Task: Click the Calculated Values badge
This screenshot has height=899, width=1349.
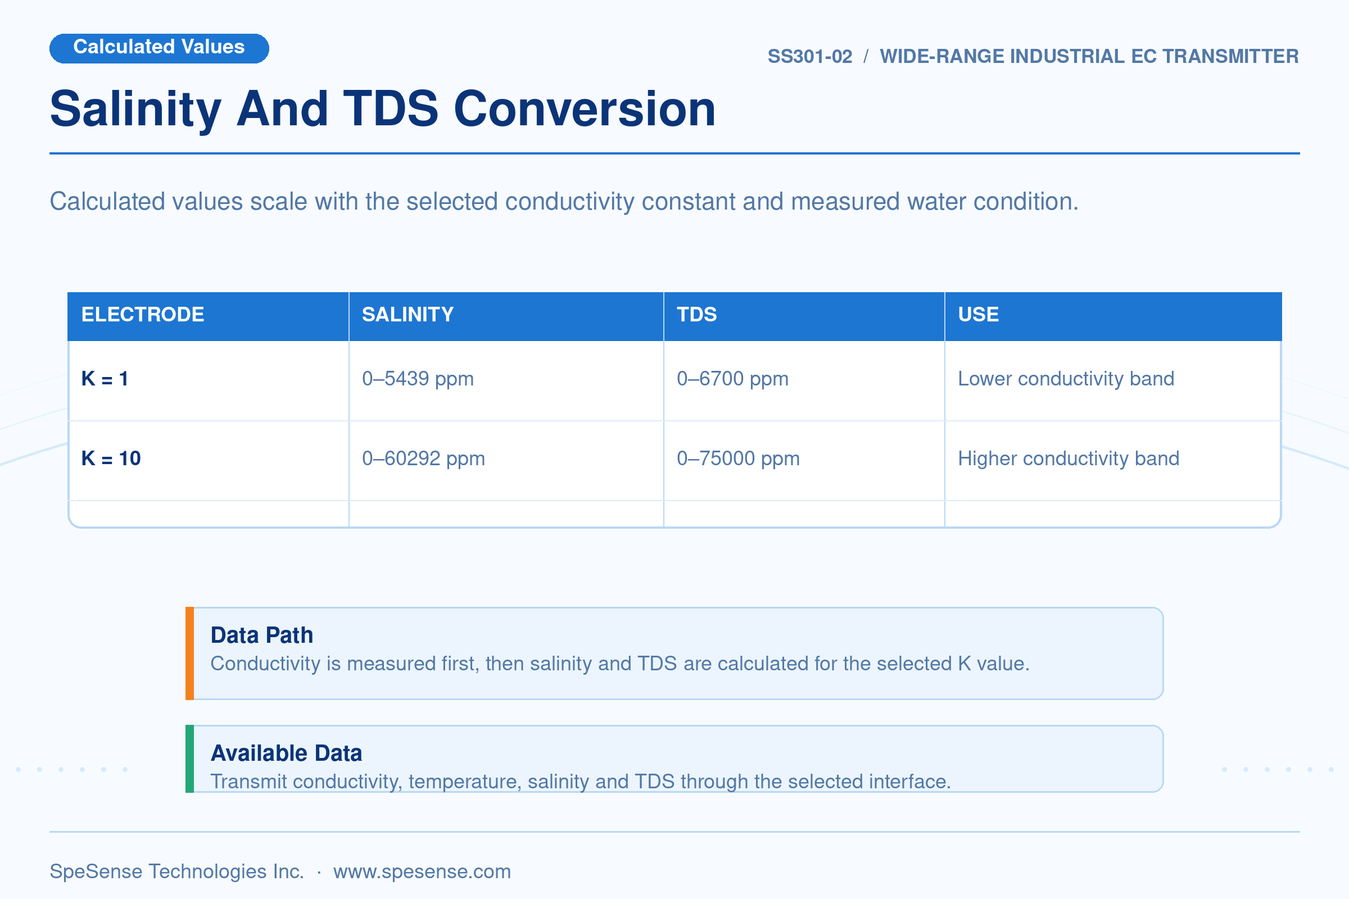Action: click(159, 48)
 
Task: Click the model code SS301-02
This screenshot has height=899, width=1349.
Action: click(809, 56)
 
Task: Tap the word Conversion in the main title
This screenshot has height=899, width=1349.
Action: click(585, 109)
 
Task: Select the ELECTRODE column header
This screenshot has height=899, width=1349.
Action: click(143, 314)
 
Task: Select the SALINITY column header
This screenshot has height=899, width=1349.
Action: click(408, 314)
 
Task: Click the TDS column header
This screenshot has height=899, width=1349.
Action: click(697, 314)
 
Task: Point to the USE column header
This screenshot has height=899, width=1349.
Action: click(979, 314)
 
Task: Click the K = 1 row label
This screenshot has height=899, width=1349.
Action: click(105, 378)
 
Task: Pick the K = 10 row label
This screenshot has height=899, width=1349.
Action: click(111, 458)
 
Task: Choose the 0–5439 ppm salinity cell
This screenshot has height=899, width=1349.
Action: click(418, 378)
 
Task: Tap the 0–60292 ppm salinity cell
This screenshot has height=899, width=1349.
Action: click(423, 458)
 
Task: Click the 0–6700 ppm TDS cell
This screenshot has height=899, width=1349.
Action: click(732, 378)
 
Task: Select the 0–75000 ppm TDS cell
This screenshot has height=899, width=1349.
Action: click(738, 458)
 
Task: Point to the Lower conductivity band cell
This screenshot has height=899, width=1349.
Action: click(1066, 378)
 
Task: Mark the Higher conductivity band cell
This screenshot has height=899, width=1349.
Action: click(1069, 458)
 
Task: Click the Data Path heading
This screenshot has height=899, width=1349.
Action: click(261, 635)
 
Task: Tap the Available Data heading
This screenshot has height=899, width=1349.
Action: click(286, 753)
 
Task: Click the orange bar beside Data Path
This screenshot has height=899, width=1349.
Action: click(190, 653)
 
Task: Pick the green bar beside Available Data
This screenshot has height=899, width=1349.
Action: click(190, 759)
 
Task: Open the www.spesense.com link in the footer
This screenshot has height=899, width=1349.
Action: click(422, 871)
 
